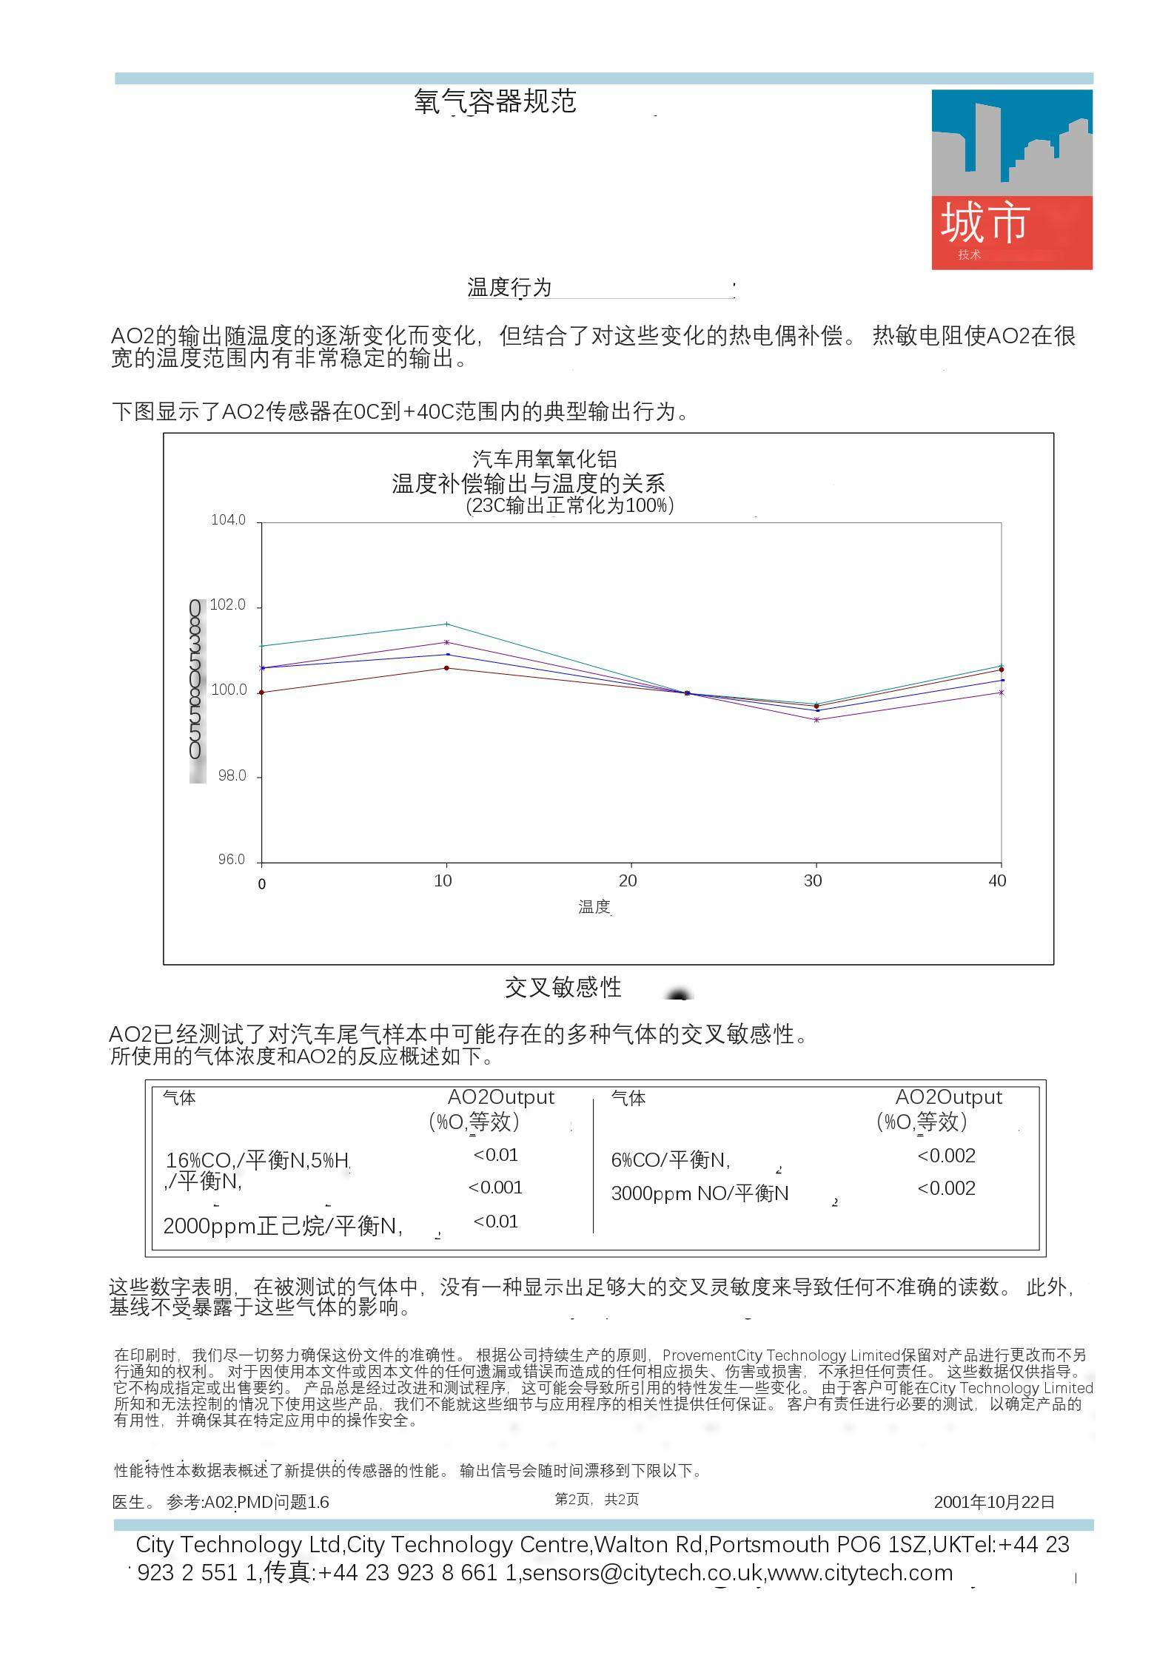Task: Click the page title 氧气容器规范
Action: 494,102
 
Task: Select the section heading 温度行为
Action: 509,287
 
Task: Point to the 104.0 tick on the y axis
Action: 228,520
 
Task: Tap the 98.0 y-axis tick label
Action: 231,776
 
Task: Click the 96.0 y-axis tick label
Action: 231,860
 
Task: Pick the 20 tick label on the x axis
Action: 628,880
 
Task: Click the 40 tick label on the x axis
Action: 997,880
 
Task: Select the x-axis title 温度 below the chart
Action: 594,907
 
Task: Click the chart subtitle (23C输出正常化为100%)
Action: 569,506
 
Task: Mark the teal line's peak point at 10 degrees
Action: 446,624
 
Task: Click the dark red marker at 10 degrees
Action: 446,668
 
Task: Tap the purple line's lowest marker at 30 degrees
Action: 816,720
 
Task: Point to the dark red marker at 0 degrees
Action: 262,693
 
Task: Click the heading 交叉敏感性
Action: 563,987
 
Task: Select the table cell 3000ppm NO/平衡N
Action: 700,1193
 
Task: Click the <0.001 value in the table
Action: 495,1187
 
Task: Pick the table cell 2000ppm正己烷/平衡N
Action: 282,1227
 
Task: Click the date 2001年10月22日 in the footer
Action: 994,1502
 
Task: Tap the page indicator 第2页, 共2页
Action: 597,1500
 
